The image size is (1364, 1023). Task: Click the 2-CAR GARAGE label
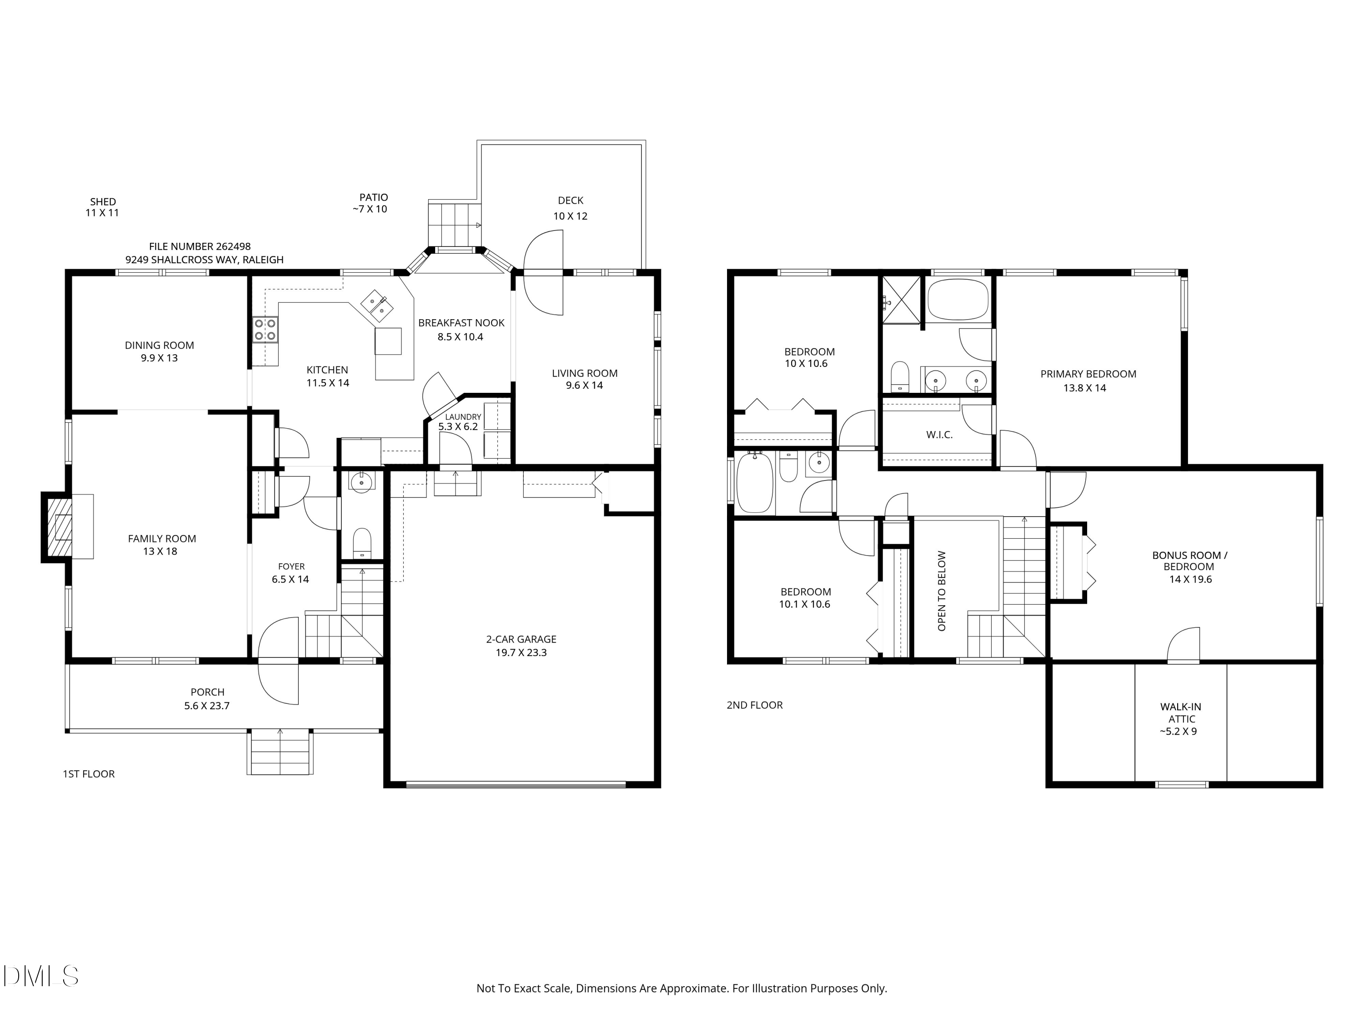(x=521, y=639)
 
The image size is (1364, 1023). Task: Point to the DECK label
(x=571, y=201)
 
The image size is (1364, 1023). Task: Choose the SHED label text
(x=103, y=201)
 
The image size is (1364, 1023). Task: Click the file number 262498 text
(x=200, y=246)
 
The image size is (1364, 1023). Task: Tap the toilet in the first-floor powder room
(x=362, y=542)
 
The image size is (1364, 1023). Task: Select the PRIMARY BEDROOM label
(x=1088, y=374)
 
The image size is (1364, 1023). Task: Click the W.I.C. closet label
(x=939, y=435)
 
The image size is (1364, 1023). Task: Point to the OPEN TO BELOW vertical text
(x=942, y=591)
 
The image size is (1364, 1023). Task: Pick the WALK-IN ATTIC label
(x=1181, y=713)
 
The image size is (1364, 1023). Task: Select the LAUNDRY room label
(x=463, y=417)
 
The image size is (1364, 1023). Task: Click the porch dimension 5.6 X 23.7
(x=207, y=706)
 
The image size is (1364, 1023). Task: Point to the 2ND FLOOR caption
(x=755, y=705)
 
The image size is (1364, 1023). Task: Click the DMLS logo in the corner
(x=41, y=976)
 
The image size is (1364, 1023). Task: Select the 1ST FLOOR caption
(x=89, y=774)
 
